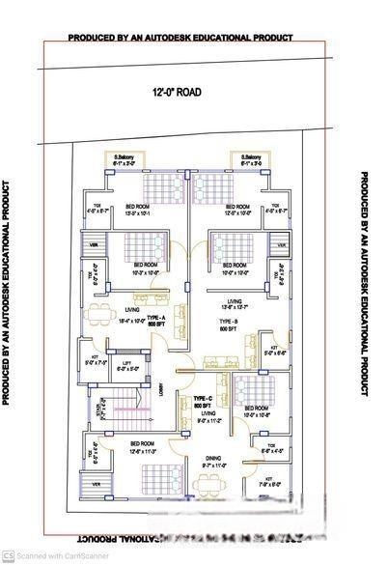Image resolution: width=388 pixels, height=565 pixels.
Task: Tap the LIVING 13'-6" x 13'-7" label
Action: coord(229,304)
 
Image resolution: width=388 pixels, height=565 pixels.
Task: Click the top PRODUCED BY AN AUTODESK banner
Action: coord(180,38)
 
